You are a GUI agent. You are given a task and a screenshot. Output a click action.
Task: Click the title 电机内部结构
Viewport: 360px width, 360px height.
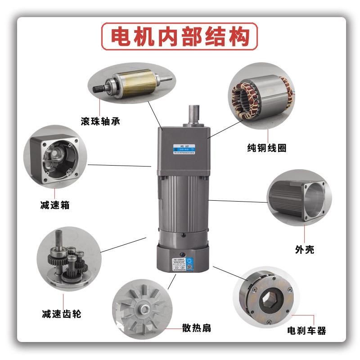coord(180,37)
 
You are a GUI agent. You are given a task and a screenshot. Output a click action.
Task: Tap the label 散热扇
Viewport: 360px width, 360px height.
coord(196,328)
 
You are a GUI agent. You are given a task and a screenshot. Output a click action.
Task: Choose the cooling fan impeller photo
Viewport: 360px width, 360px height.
coord(143,306)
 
